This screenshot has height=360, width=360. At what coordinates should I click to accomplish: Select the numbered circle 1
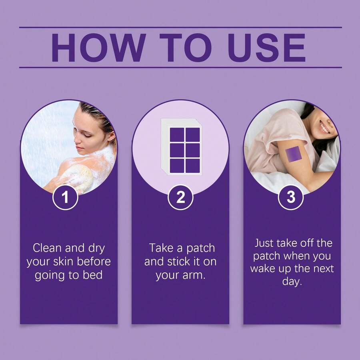click(66, 197)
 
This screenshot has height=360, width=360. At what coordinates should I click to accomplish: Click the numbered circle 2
click(180, 197)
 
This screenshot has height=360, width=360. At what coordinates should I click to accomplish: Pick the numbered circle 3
click(291, 197)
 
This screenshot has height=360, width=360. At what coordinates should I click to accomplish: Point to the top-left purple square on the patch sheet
click(177, 134)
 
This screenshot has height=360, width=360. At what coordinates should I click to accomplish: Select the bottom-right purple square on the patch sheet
click(193, 166)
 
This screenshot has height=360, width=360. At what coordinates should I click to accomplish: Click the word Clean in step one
click(47, 248)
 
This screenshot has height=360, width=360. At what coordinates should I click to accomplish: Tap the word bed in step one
click(92, 275)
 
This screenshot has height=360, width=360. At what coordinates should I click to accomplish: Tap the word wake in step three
click(263, 268)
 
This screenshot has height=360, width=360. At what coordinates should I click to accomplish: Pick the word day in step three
click(292, 282)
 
